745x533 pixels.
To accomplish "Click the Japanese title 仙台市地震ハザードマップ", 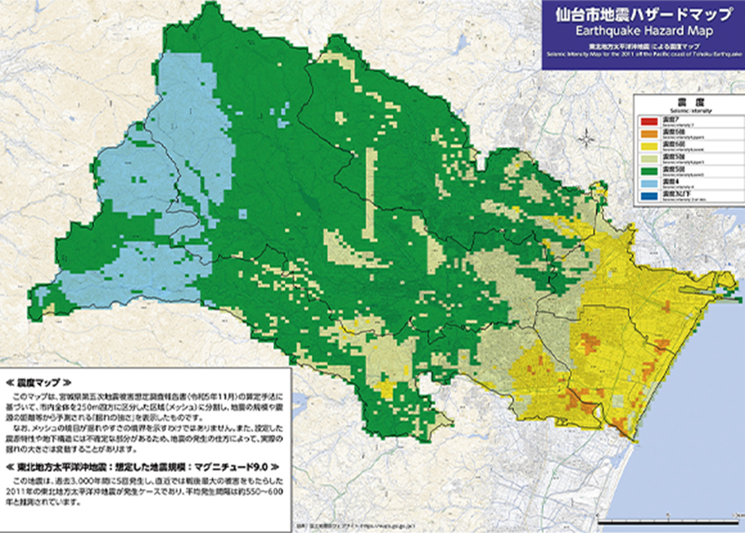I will (642, 13).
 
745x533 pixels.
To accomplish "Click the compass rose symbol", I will (586, 137).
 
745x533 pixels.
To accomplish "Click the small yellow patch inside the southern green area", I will (387, 388).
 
